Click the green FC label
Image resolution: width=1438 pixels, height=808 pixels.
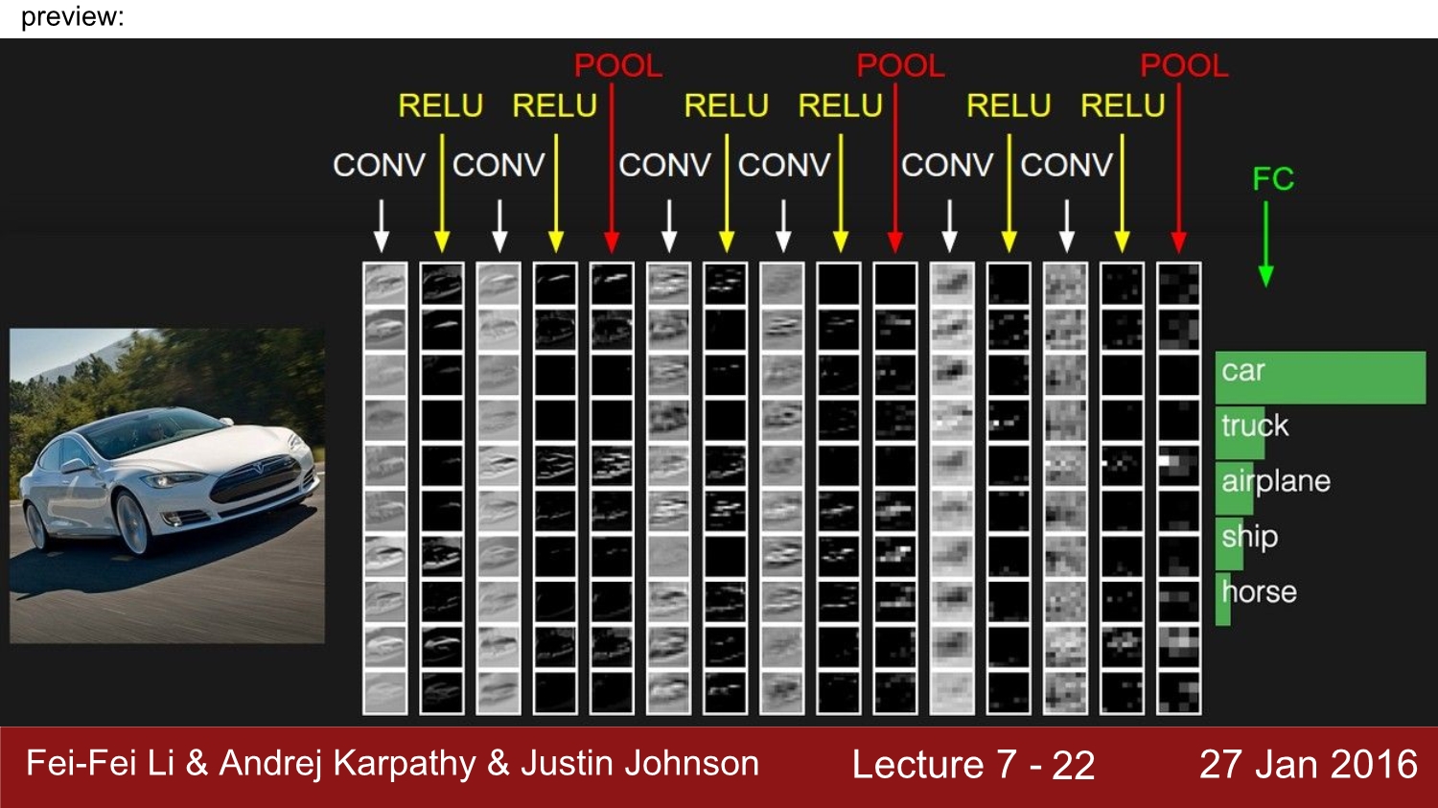tap(1273, 179)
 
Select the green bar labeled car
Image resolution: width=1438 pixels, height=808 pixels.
tap(1320, 377)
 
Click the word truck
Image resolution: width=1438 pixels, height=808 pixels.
tap(1255, 426)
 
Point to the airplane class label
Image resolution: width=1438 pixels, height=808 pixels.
tap(1276, 480)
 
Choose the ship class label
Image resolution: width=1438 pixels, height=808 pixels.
tap(1249, 536)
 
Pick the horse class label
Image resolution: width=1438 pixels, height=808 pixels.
tap(1260, 591)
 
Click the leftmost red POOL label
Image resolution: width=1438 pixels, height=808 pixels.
tap(618, 66)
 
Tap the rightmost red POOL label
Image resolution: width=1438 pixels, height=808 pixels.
tap(1184, 66)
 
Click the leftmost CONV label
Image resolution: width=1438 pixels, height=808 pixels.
tap(379, 166)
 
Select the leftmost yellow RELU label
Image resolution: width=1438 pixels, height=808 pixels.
tap(440, 105)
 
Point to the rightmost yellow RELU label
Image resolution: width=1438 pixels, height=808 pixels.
tap(1123, 105)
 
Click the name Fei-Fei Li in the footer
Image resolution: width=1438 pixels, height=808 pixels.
tap(100, 764)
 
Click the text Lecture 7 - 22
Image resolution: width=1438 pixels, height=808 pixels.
tap(973, 765)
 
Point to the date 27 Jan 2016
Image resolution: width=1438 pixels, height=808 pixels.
tap(1308, 764)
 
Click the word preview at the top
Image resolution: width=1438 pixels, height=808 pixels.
tap(72, 17)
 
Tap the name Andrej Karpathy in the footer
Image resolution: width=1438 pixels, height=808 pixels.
tap(347, 764)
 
